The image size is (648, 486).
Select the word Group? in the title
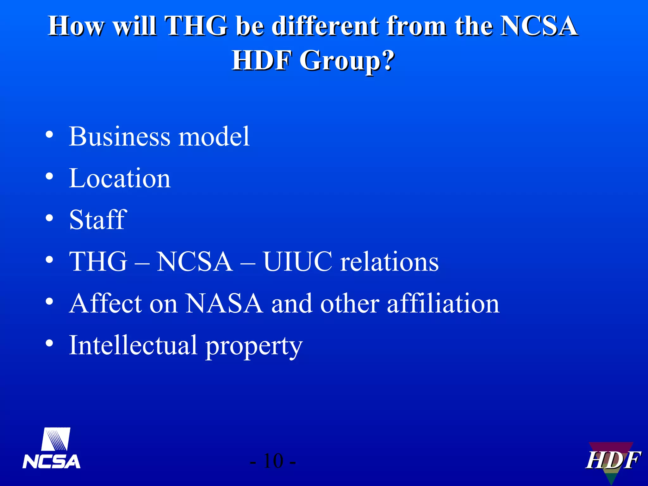point(347,61)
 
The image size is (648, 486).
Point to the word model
point(214,137)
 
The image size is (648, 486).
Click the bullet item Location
point(120,178)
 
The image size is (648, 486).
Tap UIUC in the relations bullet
point(298,262)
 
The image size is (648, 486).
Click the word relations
point(389,262)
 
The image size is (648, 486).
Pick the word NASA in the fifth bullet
point(224,303)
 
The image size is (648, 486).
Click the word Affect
point(106,303)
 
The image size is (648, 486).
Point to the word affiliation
point(443,303)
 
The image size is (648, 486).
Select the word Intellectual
point(133,345)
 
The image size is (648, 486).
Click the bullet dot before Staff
point(49,218)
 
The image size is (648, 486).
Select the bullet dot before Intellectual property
point(49,343)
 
